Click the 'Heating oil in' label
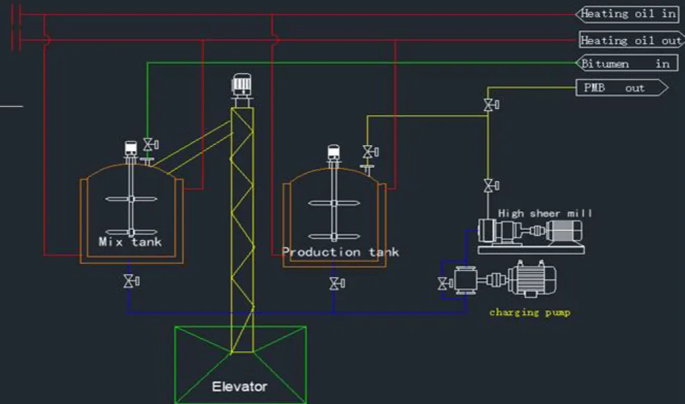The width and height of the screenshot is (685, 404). [x=627, y=14]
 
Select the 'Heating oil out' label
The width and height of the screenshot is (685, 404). [x=631, y=40]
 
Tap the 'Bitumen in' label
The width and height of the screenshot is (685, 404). [x=627, y=63]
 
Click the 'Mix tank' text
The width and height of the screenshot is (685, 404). [x=130, y=242]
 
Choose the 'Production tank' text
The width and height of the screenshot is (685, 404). [x=340, y=252]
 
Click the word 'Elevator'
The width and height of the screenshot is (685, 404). [x=240, y=387]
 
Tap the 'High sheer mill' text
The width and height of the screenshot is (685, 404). [x=545, y=213]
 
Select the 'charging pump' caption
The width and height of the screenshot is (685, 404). [x=529, y=312]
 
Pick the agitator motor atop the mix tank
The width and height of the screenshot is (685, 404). [x=131, y=149]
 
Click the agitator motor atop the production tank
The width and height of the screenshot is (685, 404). [x=333, y=152]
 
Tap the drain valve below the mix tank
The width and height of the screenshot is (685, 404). [x=131, y=281]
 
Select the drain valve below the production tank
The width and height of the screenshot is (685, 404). [x=336, y=284]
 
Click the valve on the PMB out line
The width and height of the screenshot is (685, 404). [x=490, y=105]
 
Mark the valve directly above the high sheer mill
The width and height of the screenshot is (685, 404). [x=490, y=185]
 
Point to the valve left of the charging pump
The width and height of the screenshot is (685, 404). [x=445, y=284]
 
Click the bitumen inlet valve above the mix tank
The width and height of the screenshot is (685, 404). [x=150, y=144]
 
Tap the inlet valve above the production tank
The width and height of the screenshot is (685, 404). [x=370, y=152]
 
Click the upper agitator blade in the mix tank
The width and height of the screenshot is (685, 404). [x=131, y=199]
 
